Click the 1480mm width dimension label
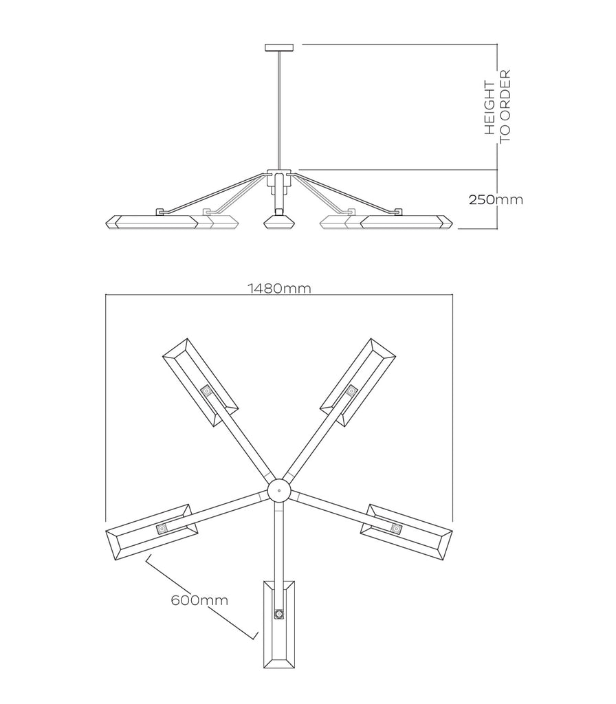pos(279,288)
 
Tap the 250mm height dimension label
pos(496,199)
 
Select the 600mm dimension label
pos(199,599)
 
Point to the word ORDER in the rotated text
pos(505,93)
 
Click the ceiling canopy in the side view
pos(279,47)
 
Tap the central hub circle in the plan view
pos(279,490)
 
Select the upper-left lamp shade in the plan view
pos(200,382)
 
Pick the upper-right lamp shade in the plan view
pos(357,382)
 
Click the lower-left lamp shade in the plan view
pos(152,532)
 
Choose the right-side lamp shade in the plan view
pos(406,533)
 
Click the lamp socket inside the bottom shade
pos(279,614)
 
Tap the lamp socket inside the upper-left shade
pos(207,391)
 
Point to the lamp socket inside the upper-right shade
pos(351,391)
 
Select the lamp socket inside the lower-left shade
pos(162,529)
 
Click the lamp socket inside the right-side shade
pos(396,529)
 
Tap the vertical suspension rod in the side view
pos(279,111)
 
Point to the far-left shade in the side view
pos(152,222)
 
